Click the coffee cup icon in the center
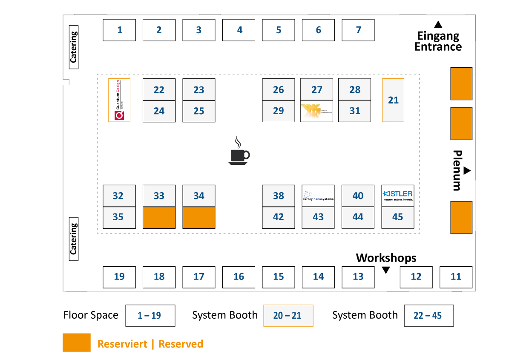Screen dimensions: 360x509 pos(239,151)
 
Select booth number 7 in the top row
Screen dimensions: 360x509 pos(358,30)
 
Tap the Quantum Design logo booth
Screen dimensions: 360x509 pos(119,100)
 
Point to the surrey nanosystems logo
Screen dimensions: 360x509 pos(318,196)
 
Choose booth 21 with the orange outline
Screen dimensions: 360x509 pos(393,100)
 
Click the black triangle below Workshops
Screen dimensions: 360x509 pos(386,270)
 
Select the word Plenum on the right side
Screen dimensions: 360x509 pos(457,170)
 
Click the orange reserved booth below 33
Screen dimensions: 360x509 pos(159,218)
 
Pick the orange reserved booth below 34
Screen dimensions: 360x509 pos(199,218)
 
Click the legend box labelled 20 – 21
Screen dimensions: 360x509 pos(288,316)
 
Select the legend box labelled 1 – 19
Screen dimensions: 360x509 pos(150,316)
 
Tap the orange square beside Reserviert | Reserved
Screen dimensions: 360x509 pos(77,343)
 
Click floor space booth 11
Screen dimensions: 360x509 pos(456,277)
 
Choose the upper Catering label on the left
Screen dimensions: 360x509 pos(74,47)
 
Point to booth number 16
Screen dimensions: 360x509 pos(239,277)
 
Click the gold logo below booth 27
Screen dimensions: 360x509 pos(316,111)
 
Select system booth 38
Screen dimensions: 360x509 pos(278,196)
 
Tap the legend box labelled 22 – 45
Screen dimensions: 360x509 pos(428,316)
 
